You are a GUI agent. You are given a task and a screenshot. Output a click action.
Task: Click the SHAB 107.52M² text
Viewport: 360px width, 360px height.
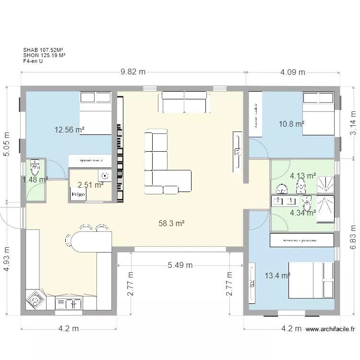pyautogui.click(x=44, y=49)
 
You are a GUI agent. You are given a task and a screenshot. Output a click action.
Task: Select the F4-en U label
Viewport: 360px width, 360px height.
pyautogui.click(x=33, y=61)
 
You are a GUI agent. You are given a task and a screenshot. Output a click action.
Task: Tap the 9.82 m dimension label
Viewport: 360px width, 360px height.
pyautogui.click(x=133, y=72)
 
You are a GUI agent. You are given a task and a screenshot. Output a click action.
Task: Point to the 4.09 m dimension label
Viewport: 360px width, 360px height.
pyautogui.click(x=292, y=72)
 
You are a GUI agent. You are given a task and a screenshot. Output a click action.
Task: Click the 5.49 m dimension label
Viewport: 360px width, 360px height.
pyautogui.click(x=180, y=265)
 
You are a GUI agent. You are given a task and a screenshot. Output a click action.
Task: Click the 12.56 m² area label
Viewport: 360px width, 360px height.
pyautogui.click(x=70, y=129)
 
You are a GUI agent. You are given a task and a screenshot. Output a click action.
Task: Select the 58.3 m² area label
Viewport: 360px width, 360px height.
pyautogui.click(x=172, y=223)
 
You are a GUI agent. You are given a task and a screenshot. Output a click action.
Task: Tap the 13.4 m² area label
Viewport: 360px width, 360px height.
pyautogui.click(x=277, y=276)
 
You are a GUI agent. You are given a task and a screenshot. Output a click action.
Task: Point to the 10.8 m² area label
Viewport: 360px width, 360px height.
pyautogui.click(x=291, y=124)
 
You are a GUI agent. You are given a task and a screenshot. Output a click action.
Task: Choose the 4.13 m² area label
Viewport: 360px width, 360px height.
pyautogui.click(x=303, y=176)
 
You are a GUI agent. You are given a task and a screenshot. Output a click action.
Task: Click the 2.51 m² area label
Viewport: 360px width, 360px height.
pyautogui.click(x=91, y=184)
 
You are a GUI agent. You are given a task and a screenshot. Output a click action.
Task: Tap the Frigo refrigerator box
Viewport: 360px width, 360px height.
pyautogui.click(x=78, y=194)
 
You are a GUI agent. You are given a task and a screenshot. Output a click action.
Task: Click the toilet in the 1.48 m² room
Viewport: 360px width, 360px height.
pyautogui.click(x=35, y=168)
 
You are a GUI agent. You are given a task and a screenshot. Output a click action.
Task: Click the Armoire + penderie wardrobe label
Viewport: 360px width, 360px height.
pyautogui.click(x=302, y=240)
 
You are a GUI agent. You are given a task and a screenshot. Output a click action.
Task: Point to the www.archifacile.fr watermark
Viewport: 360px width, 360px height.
pyautogui.click(x=330, y=329)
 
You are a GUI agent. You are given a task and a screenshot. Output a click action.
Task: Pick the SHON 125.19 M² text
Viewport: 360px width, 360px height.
pyautogui.click(x=44, y=55)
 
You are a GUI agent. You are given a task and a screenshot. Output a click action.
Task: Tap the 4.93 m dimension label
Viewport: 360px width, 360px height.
pyautogui.click(x=7, y=259)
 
